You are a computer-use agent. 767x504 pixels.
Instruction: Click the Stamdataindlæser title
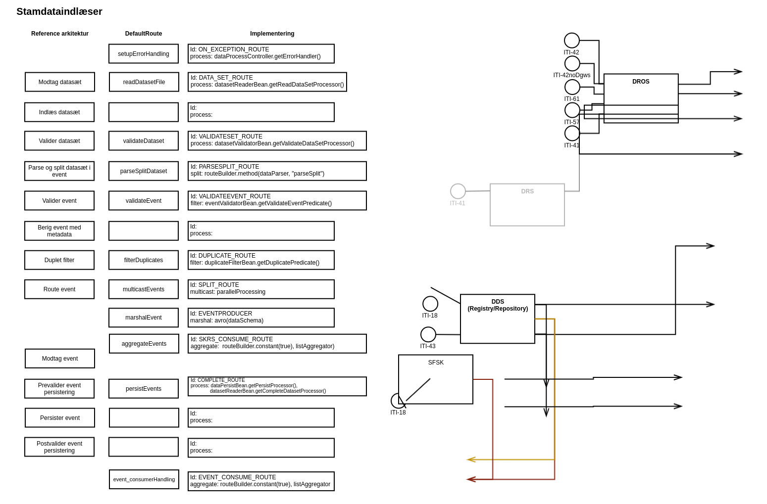(x=59, y=12)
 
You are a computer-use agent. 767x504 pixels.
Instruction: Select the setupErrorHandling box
(x=144, y=54)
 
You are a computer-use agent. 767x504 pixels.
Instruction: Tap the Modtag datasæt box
(x=60, y=82)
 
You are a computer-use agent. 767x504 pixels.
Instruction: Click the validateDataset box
(x=144, y=141)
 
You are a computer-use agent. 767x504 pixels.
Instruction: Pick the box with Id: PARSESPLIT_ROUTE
(x=277, y=171)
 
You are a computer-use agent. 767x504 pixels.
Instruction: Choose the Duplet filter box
(x=59, y=260)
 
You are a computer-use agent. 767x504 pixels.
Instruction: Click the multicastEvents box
(x=144, y=289)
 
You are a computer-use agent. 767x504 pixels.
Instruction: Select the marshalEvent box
(x=144, y=318)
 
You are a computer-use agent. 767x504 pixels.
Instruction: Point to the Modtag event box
(x=60, y=359)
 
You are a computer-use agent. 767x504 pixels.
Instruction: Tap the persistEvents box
(x=144, y=389)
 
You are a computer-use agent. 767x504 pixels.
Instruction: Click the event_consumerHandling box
(x=144, y=479)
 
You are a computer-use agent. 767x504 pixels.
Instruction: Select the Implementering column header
(x=272, y=34)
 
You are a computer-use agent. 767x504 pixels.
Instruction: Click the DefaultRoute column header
(x=144, y=34)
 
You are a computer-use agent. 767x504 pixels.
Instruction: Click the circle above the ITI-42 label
(x=572, y=41)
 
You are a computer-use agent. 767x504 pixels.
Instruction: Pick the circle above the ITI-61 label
(x=572, y=87)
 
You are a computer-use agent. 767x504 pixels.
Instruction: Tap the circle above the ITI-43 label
(x=428, y=334)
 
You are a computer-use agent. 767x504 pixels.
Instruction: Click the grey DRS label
(x=527, y=191)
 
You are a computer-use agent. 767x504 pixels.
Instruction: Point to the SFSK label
(x=436, y=363)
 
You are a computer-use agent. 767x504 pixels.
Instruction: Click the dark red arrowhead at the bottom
(x=471, y=479)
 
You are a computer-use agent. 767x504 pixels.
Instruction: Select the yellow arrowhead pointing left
(x=471, y=459)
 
